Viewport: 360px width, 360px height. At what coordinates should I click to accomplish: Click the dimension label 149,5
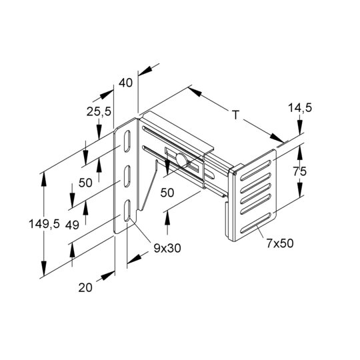click(44, 224)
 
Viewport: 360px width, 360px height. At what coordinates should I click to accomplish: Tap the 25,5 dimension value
click(99, 112)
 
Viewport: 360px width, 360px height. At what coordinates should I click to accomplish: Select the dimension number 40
click(125, 83)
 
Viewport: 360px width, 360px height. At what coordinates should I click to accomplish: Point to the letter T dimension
click(236, 115)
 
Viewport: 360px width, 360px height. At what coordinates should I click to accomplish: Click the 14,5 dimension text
click(300, 108)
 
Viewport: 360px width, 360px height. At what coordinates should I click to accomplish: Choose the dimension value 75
click(300, 171)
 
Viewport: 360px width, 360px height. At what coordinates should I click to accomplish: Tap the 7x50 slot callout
click(280, 243)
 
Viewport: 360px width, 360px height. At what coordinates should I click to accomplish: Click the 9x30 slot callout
click(167, 248)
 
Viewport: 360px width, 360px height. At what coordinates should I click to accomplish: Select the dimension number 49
click(72, 225)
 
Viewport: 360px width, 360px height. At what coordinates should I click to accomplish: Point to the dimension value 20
click(85, 288)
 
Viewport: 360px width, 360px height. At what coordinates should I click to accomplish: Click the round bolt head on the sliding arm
click(181, 159)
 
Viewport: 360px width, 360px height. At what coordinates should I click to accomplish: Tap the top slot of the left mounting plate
click(127, 141)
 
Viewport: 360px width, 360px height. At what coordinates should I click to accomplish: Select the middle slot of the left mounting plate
click(127, 176)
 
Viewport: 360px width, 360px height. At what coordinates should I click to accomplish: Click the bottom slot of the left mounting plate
click(127, 211)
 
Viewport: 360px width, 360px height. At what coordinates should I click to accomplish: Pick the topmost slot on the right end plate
click(255, 170)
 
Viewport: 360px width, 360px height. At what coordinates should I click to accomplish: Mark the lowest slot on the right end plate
click(255, 223)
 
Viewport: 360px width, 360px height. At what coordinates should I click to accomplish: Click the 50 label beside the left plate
click(85, 183)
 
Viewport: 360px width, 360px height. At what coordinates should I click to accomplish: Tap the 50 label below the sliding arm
click(167, 193)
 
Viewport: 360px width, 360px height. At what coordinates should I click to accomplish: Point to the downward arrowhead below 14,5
click(300, 127)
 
